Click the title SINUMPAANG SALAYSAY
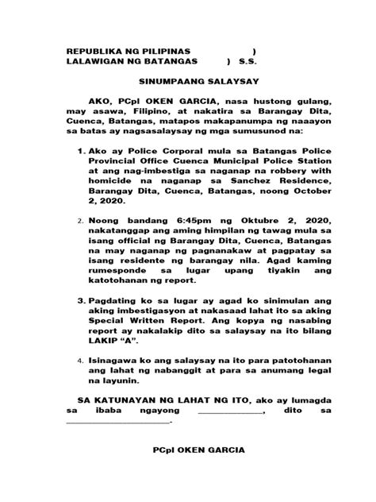(188, 80)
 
